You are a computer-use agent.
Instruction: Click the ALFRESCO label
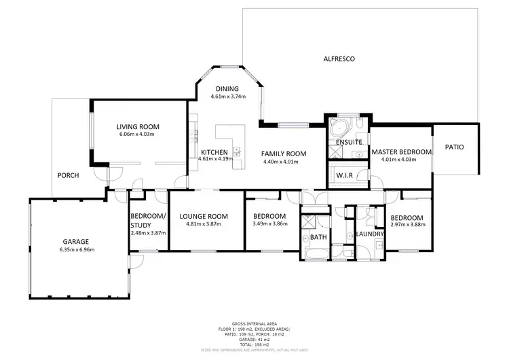click(339, 59)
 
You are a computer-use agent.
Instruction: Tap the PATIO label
click(455, 147)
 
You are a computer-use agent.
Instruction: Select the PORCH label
click(68, 175)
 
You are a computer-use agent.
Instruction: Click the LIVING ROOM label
click(137, 126)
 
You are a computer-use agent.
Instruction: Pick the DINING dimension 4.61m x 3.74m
click(227, 96)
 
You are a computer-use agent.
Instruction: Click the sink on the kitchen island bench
click(237, 149)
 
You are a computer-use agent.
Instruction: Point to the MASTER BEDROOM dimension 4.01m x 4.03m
click(401, 160)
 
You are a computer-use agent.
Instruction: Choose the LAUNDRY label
click(371, 234)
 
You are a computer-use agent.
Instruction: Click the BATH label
click(319, 237)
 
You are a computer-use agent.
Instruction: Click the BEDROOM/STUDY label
click(147, 221)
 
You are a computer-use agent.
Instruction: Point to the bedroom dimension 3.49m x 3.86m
click(269, 224)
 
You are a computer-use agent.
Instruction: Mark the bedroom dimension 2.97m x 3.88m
click(407, 226)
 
